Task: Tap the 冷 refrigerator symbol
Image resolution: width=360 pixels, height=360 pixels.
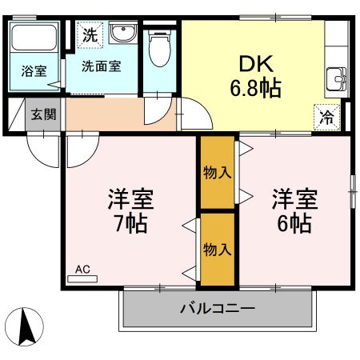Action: click(x=327, y=115)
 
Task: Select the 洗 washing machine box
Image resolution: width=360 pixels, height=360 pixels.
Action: click(x=89, y=34)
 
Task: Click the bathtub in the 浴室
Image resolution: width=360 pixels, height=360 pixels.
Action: click(x=34, y=38)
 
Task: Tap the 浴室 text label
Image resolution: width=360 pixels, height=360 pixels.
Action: click(x=34, y=70)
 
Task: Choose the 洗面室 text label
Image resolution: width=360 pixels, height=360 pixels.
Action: click(x=101, y=66)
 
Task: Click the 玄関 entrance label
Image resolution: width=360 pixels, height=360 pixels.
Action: click(x=43, y=114)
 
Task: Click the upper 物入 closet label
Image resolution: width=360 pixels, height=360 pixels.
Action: click(x=218, y=172)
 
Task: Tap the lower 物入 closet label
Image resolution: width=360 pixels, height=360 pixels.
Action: click(x=218, y=248)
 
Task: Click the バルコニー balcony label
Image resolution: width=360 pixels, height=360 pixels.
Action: click(x=216, y=308)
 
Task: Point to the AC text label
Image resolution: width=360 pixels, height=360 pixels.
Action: click(x=82, y=269)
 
